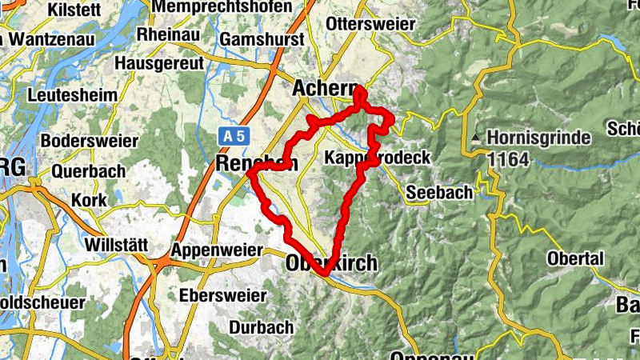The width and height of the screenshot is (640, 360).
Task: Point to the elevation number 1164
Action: (x=508, y=159)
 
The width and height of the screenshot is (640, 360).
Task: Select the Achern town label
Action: (x=323, y=88)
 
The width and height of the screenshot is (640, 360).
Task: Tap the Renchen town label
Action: (x=257, y=163)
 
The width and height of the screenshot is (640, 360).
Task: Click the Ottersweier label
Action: (x=370, y=24)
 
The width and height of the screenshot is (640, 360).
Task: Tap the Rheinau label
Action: (x=166, y=34)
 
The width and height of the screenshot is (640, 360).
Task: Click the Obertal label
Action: (x=575, y=258)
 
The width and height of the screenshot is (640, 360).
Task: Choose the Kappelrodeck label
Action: (x=378, y=158)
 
